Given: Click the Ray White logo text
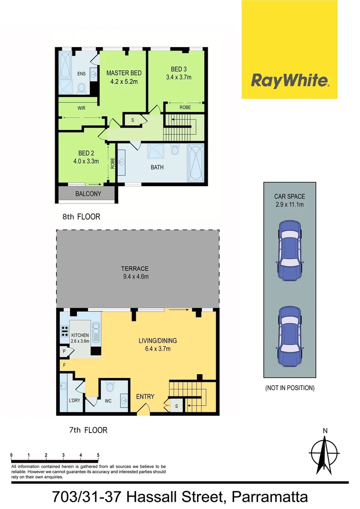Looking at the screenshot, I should [289, 81].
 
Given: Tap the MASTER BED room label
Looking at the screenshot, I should [124, 73].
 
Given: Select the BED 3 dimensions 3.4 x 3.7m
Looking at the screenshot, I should [179, 77].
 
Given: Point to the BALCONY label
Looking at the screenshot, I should [88, 194].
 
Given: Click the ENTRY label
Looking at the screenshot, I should [145, 396].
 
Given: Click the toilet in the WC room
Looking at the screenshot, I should [110, 387].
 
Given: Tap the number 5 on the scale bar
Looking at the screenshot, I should [98, 455].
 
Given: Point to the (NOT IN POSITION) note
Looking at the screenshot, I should [289, 388].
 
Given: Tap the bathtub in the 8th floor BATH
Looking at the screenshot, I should [195, 163].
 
